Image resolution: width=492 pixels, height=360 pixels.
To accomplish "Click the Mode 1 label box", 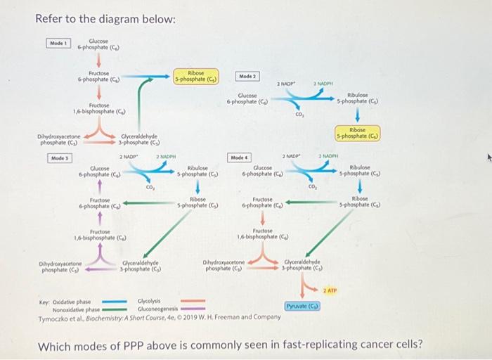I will [x=58, y=42].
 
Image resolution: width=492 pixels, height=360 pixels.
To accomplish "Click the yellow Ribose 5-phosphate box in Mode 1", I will [x=196, y=76].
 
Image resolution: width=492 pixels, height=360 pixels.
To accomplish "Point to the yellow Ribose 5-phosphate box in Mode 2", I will [x=357, y=134].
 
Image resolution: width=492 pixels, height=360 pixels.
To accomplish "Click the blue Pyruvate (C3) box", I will [x=303, y=306].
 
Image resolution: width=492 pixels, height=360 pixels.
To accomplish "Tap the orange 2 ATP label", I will [x=331, y=290].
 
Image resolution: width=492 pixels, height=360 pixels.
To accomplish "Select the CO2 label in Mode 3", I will [x=150, y=187].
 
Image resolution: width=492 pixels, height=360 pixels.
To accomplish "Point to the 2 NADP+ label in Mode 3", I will [x=129, y=156].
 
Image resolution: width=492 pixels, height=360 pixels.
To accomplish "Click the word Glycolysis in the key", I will [x=149, y=301].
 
